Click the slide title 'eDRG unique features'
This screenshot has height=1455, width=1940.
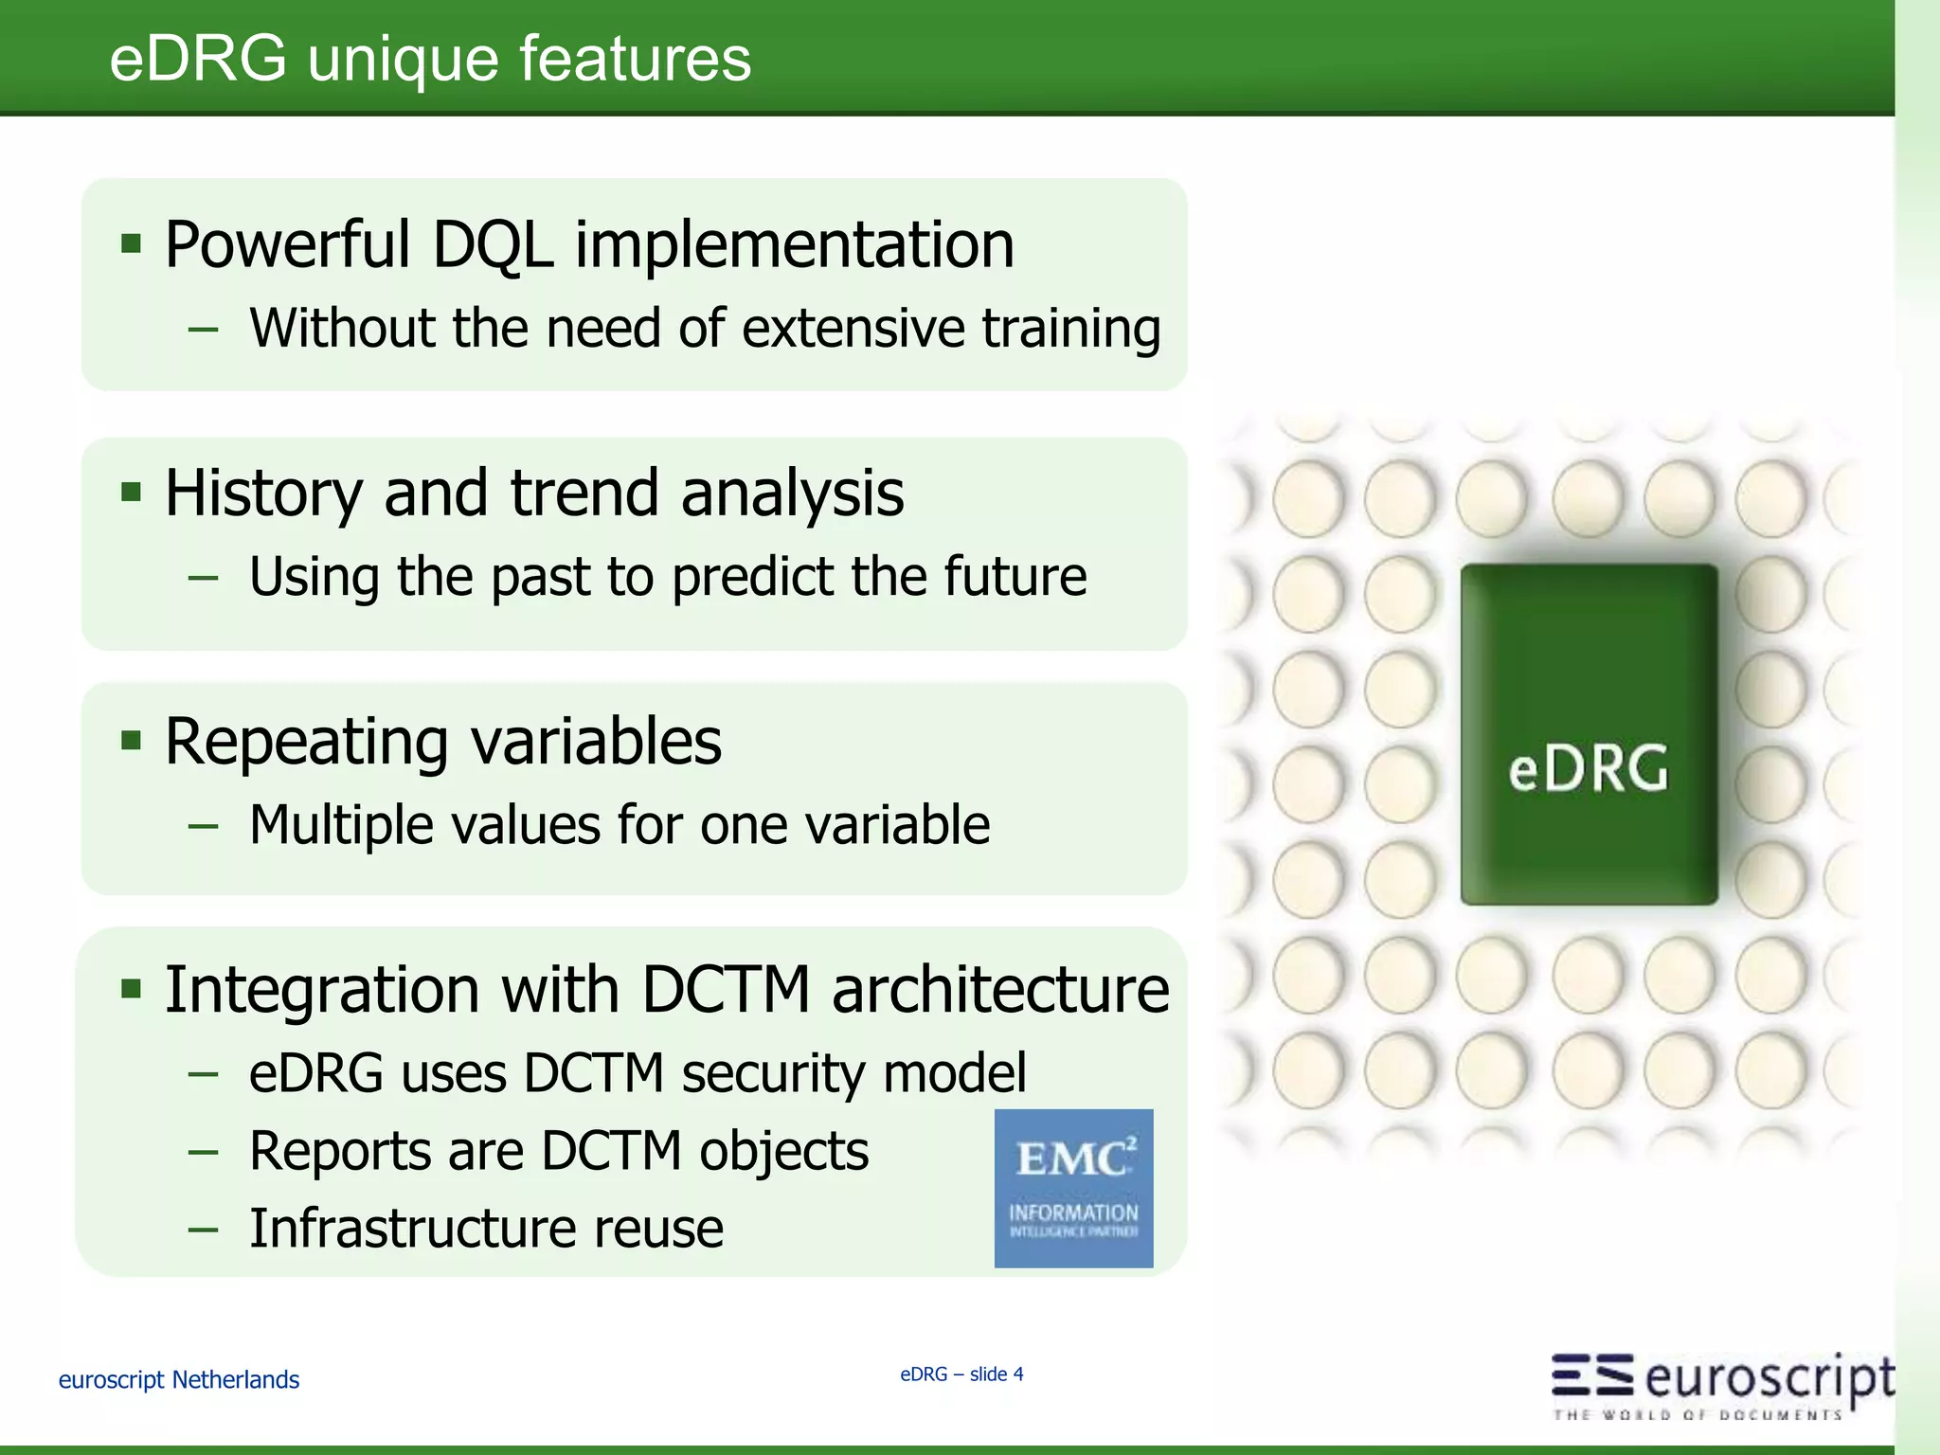tap(430, 59)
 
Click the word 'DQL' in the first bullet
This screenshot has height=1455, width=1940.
tap(492, 245)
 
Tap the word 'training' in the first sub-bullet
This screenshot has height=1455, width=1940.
tap(1070, 329)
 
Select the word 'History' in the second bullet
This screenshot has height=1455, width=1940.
tap(262, 494)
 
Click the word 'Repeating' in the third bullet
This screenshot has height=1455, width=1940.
tap(306, 742)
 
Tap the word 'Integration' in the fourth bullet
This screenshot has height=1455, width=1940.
tap(320, 990)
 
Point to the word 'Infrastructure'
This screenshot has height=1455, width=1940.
tap(413, 1229)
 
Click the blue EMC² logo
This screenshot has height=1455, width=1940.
tap(1073, 1188)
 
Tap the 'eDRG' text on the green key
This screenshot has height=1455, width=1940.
tap(1588, 767)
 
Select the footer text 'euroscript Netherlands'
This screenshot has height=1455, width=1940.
tap(178, 1380)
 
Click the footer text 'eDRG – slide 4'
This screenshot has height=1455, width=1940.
tap(961, 1374)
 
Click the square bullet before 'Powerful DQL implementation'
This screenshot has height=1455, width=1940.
tap(132, 244)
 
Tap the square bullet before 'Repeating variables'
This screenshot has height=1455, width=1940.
tap(132, 740)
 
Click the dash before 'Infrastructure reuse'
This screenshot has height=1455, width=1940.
tap(203, 1230)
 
